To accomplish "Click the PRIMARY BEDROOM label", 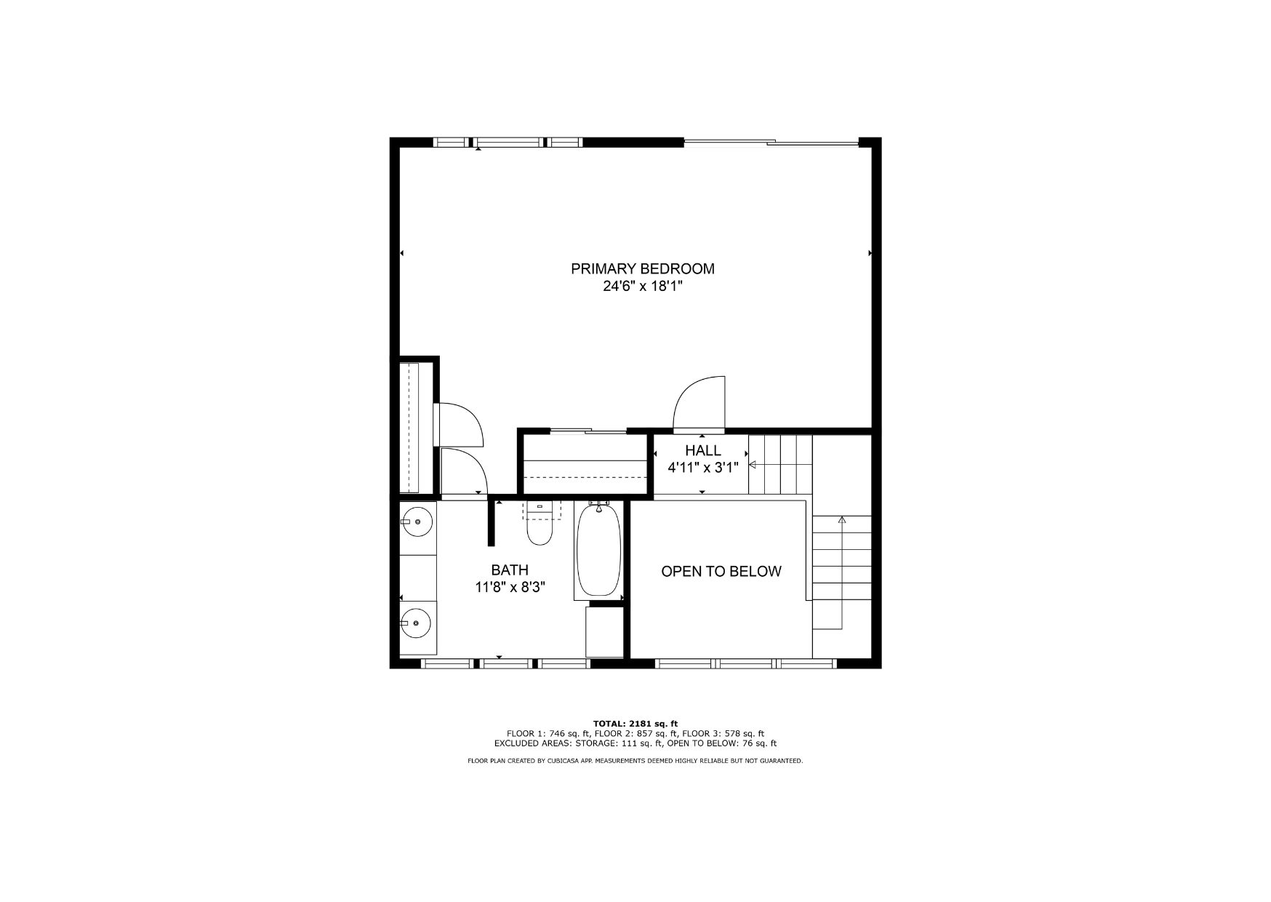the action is (x=642, y=269).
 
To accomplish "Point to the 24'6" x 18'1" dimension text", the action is (x=643, y=287).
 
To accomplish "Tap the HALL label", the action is (x=702, y=451).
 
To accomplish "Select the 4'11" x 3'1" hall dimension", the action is (x=702, y=468).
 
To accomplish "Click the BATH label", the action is (x=510, y=570).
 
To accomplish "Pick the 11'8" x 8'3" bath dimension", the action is (x=510, y=587).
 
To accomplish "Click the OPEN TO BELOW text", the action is (x=721, y=572).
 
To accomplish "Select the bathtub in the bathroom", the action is (x=599, y=551).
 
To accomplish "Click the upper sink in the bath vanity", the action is (x=417, y=522).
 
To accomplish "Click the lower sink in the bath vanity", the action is (x=416, y=623).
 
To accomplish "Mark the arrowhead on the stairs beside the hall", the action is (x=753, y=465).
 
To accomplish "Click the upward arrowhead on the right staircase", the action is (x=842, y=519).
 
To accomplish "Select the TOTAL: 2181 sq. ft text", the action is (x=635, y=724).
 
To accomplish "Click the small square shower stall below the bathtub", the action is (x=605, y=631).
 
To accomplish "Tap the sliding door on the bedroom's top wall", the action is (x=771, y=143).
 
